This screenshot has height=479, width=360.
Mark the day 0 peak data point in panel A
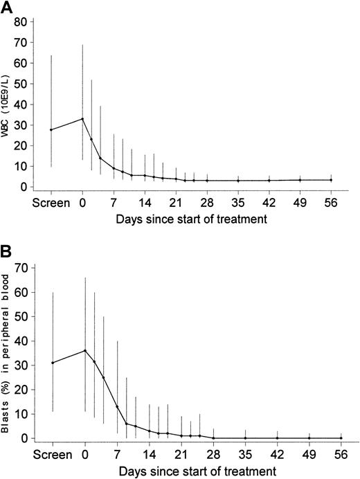coord(82,118)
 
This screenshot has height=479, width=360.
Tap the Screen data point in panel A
coord(51,129)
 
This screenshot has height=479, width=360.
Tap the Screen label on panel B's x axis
coord(52,455)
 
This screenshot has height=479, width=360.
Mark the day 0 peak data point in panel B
coord(84,350)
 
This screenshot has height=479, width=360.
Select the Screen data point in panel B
coord(53,363)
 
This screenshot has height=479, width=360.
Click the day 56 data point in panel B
coord(341,437)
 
